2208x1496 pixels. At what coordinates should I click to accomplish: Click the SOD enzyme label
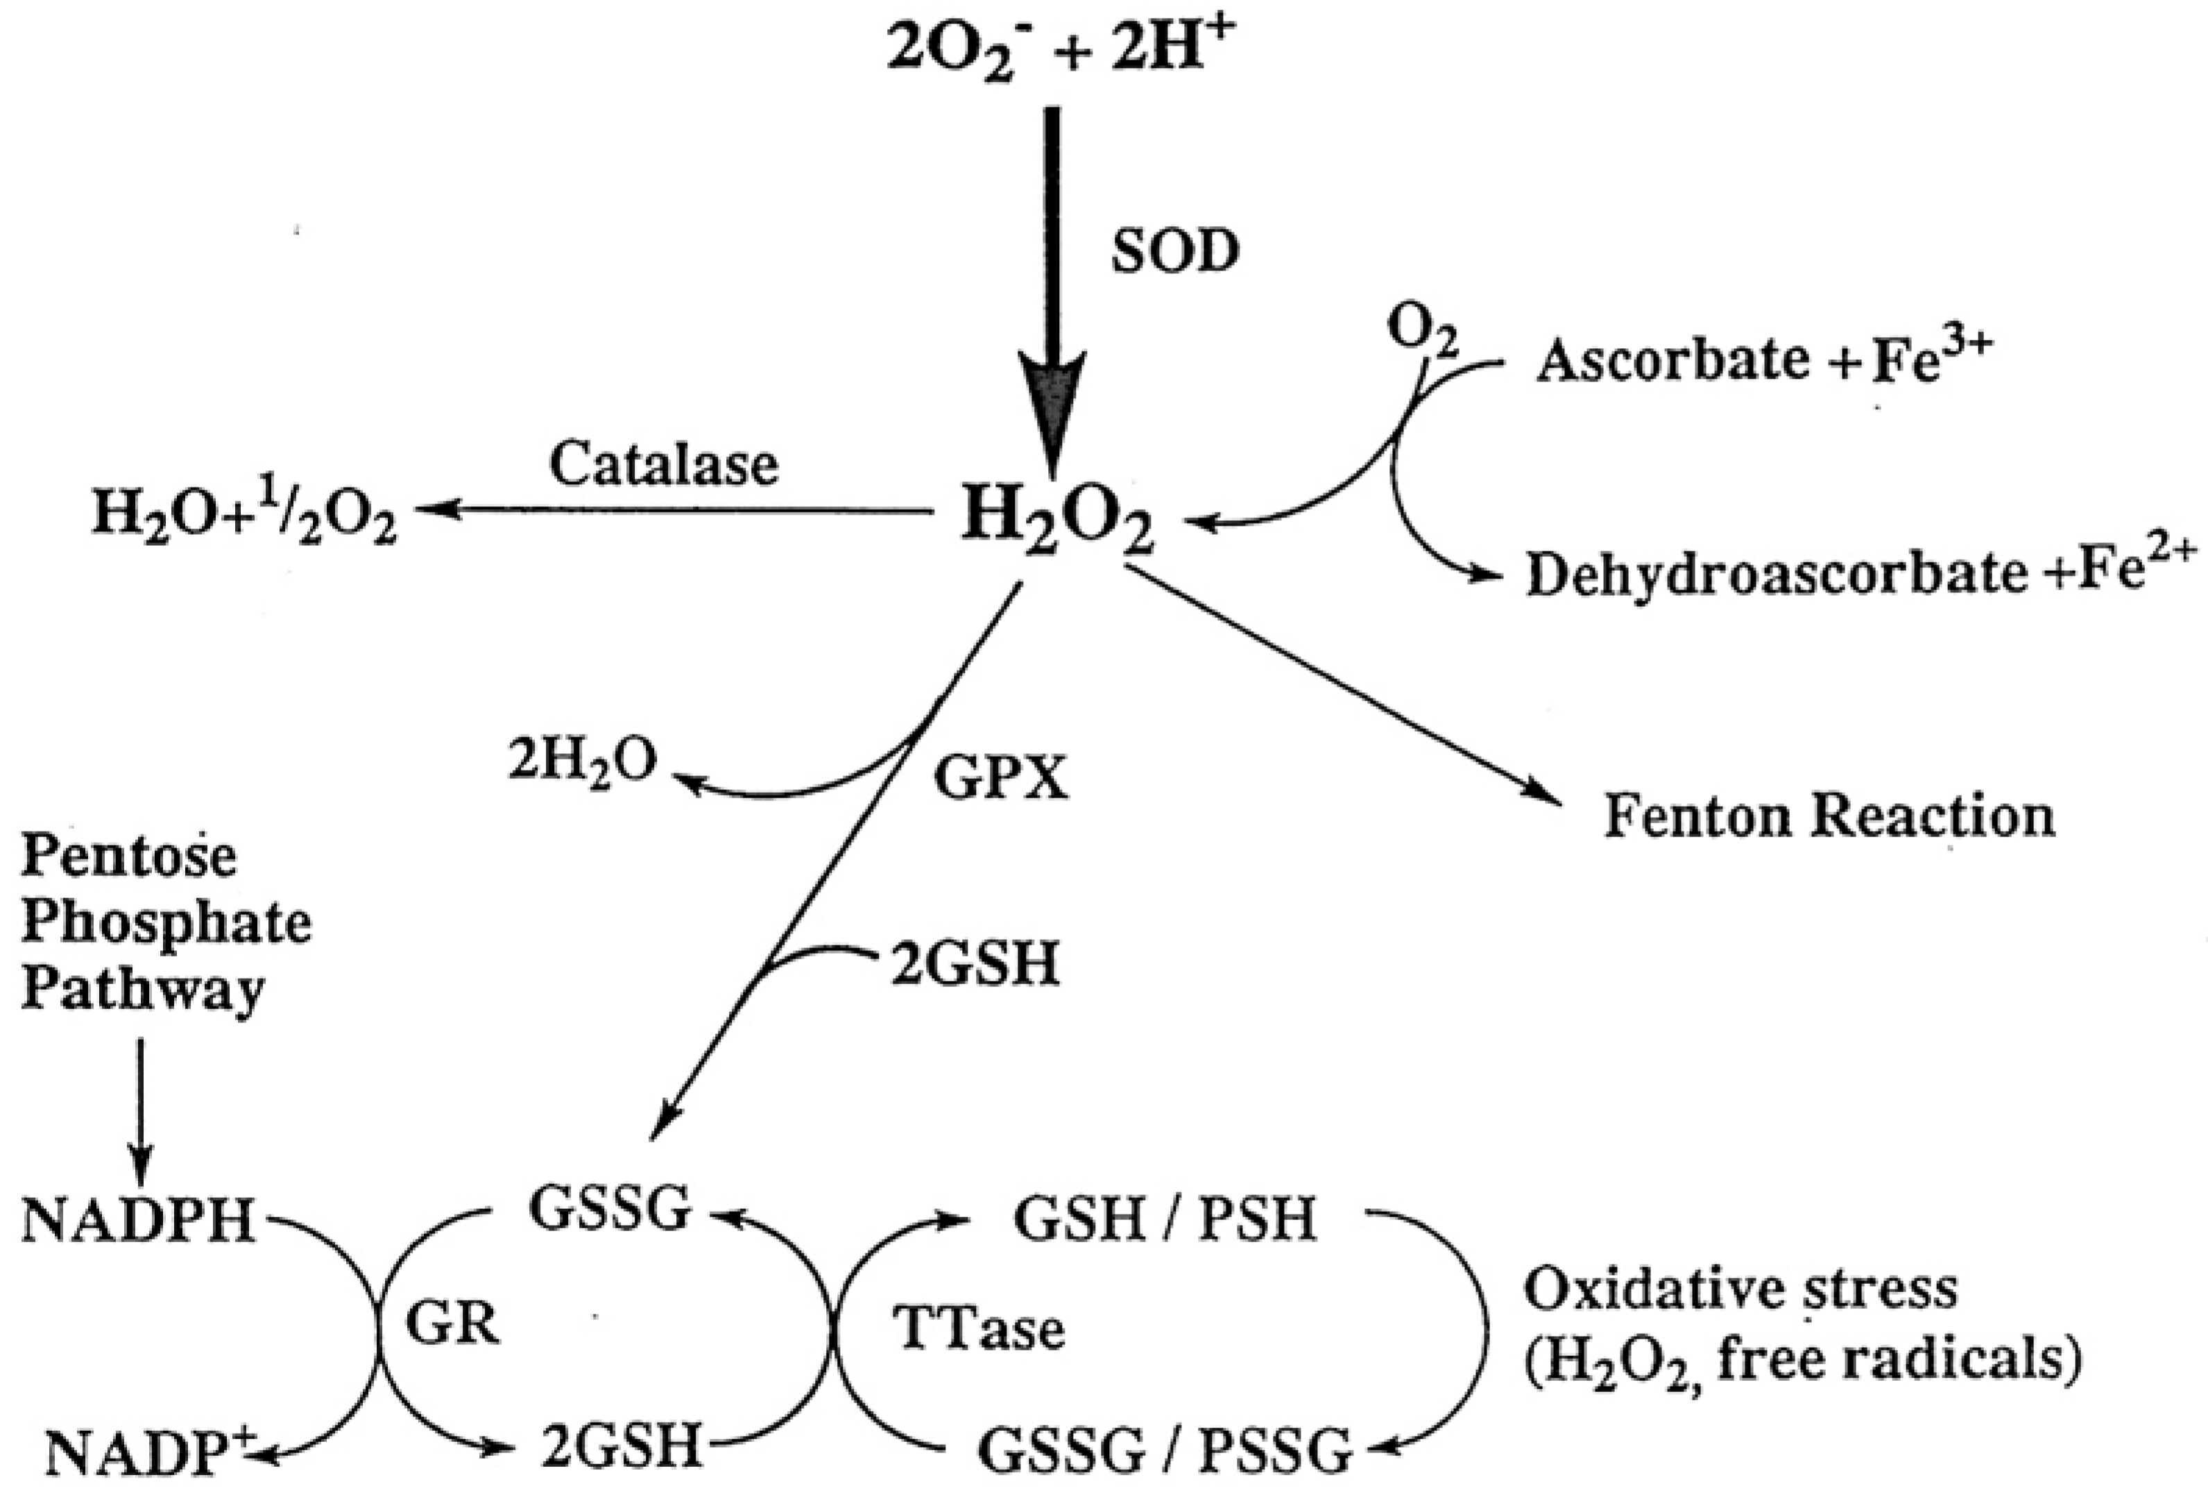pos(1175,252)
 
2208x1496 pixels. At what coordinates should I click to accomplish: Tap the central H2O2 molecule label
pos(1057,519)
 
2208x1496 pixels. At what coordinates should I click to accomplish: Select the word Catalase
pos(663,465)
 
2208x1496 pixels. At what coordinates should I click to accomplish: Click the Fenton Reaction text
pos(1830,816)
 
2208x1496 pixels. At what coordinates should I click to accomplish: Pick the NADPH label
pos(139,1221)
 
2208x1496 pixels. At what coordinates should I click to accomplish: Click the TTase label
pos(979,1328)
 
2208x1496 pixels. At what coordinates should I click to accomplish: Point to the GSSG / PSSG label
pos(1165,1450)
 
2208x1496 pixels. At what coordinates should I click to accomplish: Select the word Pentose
pos(128,857)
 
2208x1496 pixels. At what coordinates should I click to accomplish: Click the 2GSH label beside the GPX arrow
pos(974,965)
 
